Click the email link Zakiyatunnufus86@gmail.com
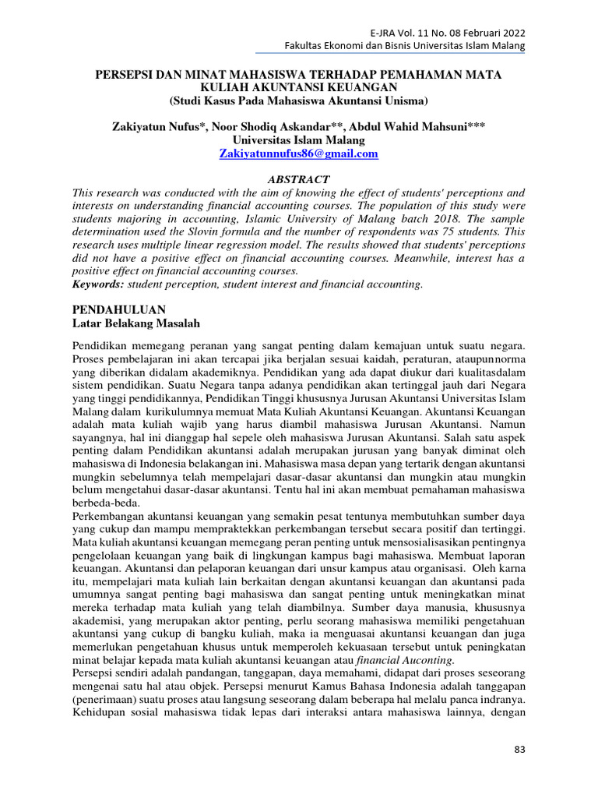pos(299,154)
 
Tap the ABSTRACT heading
pos(299,179)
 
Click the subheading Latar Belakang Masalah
pos(138,323)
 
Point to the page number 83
pos(520,750)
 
